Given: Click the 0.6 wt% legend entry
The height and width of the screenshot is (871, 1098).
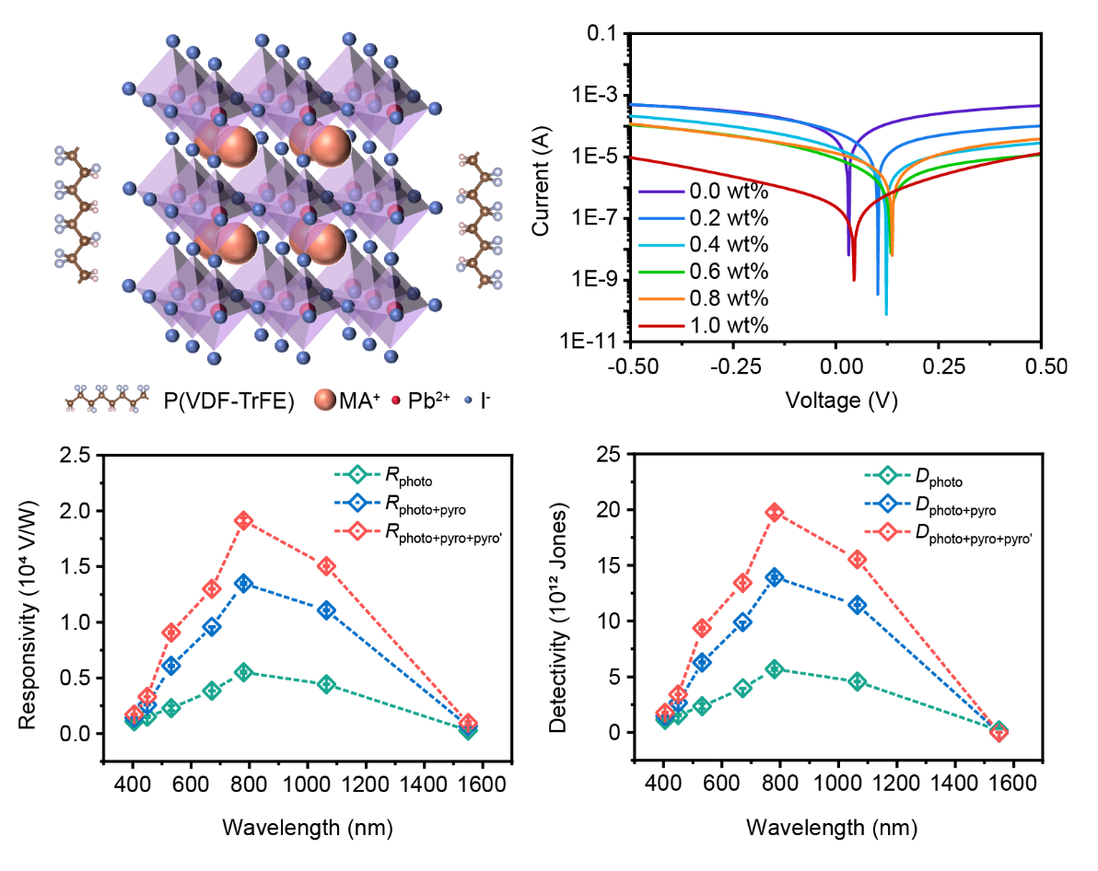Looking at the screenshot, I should (728, 272).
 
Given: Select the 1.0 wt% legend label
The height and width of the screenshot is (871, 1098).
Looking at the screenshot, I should (728, 325).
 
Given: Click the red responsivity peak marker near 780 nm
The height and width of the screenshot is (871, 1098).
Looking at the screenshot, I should (244, 520).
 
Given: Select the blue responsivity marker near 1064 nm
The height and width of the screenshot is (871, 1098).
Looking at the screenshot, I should (326, 610).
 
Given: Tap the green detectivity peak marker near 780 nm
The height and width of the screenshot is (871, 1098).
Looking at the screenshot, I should (775, 668).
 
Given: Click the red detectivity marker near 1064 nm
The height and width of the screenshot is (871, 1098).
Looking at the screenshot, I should (857, 559).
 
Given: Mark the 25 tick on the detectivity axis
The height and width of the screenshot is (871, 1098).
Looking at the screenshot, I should (607, 455).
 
